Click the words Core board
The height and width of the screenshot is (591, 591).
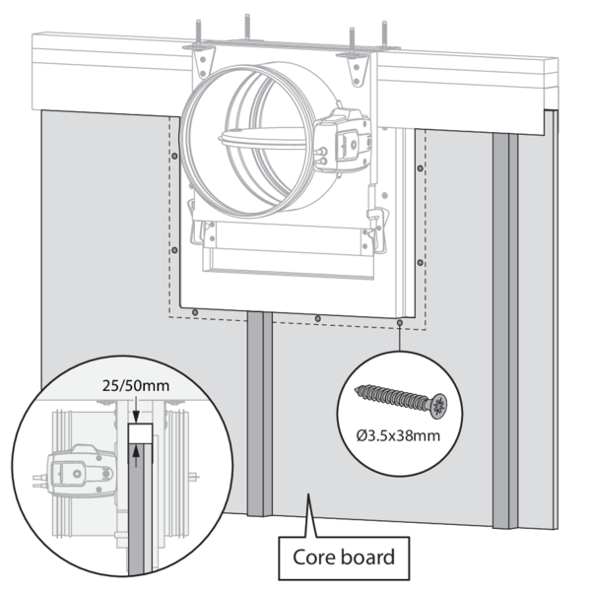tap(344, 558)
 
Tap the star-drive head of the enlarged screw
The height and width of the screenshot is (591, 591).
tap(437, 402)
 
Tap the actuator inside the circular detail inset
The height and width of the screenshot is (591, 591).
tap(76, 464)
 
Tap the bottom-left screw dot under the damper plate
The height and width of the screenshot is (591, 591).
tap(196, 313)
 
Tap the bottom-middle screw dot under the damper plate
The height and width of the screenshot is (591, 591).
tap(317, 317)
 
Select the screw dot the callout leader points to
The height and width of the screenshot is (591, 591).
tap(398, 321)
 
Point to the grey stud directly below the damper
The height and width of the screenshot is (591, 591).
tap(258, 414)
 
